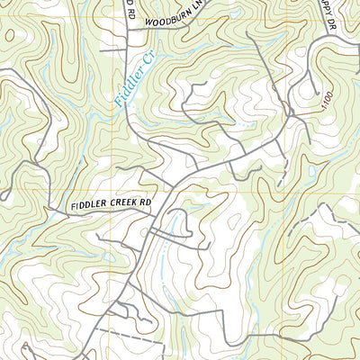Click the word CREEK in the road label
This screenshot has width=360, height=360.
click(116, 205)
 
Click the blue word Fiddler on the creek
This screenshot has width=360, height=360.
click(128, 86)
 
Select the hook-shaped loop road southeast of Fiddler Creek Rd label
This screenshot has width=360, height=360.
click(176, 220)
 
